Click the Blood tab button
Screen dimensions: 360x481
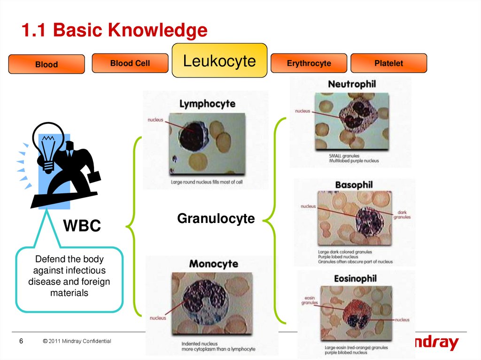tap(47, 64)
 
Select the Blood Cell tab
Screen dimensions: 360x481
tap(130, 63)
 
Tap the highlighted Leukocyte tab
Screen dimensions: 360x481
tap(219, 61)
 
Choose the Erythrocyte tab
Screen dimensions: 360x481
tap(309, 63)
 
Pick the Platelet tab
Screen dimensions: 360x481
tap(388, 63)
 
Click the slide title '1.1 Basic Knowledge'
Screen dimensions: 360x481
tap(115, 31)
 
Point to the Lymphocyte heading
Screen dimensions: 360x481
tap(207, 104)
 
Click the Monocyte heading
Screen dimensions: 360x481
tap(214, 264)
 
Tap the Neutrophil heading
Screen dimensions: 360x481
tap(352, 84)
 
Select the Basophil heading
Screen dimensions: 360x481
tap(354, 185)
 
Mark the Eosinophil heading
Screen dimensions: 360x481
tap(355, 278)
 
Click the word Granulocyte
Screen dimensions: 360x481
tap(216, 218)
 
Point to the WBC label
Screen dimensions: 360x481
tap(82, 226)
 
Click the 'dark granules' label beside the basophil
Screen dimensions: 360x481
tap(402, 214)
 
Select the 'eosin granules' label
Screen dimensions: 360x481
tap(310, 300)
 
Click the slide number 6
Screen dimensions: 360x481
tap(21, 341)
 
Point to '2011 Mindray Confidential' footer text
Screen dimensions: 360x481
tap(77, 341)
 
